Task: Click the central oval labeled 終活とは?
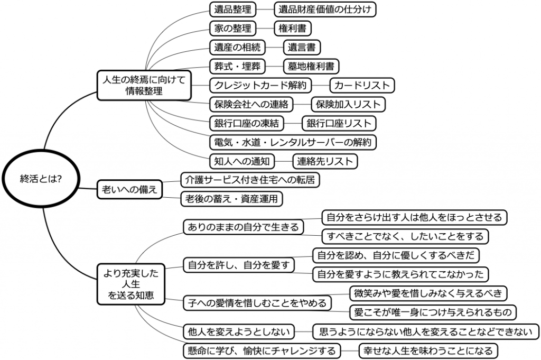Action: pyautogui.click(x=41, y=179)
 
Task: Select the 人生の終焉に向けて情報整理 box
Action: pyautogui.click(x=144, y=85)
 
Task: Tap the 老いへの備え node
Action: pyautogui.click(x=129, y=189)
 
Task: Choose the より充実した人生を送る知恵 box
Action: pyautogui.click(x=131, y=284)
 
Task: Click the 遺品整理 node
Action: pyautogui.click(x=232, y=10)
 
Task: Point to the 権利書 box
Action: pyautogui.click(x=293, y=29)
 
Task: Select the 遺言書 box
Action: pyautogui.click(x=302, y=47)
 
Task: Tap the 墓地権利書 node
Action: pyautogui.click(x=311, y=66)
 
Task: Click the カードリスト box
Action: pyautogui.click(x=362, y=85)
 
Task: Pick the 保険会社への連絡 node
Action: pyautogui.click(x=251, y=104)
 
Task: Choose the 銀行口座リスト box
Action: pyautogui.click(x=339, y=123)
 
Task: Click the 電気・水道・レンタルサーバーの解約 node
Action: pyautogui.click(x=293, y=142)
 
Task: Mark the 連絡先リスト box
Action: pyautogui.click(x=325, y=161)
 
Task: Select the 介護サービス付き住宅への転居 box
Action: pyautogui.click(x=250, y=180)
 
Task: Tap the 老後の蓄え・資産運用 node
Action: pyautogui.click(x=231, y=199)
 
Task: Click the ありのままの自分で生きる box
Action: pyautogui.click(x=243, y=227)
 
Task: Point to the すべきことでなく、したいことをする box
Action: pyautogui.click(x=405, y=236)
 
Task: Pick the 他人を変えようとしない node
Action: pyautogui.click(x=239, y=331)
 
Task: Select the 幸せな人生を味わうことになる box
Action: pyautogui.click(x=428, y=350)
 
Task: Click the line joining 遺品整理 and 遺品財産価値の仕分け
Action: pyautogui.click(x=265, y=10)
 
